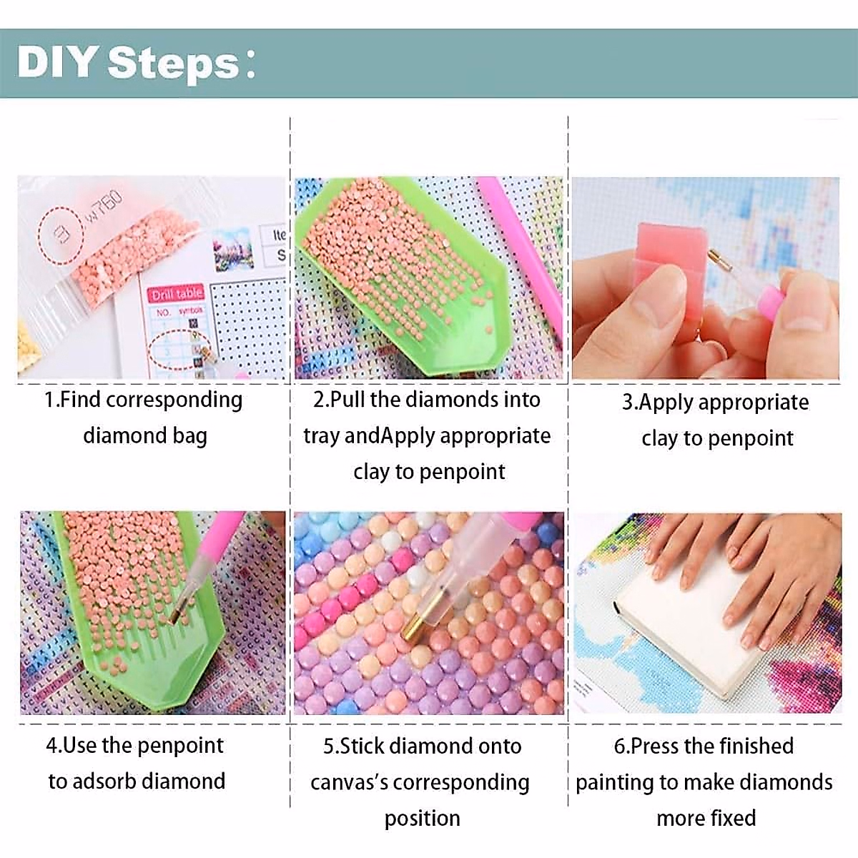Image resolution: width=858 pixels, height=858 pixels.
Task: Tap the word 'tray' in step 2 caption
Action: pyautogui.click(x=322, y=435)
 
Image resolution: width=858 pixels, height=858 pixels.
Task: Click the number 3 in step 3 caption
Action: pyautogui.click(x=628, y=402)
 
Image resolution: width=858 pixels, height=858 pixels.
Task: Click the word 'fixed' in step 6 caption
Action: pyautogui.click(x=730, y=817)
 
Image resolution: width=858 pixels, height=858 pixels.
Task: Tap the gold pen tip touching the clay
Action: pyautogui.click(x=715, y=255)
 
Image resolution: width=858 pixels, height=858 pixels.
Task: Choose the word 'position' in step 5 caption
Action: pyautogui.click(x=422, y=818)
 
